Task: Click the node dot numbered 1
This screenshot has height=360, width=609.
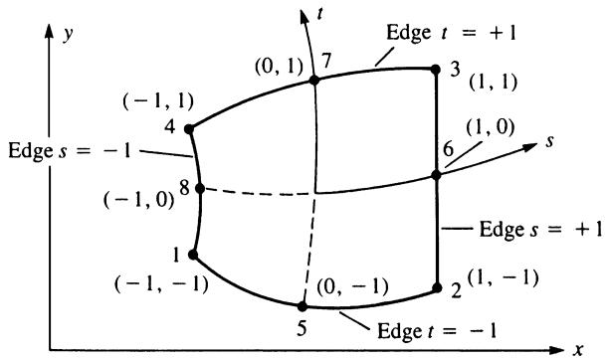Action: click(193, 255)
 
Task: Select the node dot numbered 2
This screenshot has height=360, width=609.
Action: click(437, 287)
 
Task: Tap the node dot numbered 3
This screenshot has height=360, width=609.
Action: click(436, 70)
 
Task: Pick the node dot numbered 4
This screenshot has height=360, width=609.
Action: click(189, 129)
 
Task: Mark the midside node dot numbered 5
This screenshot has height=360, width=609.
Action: click(303, 307)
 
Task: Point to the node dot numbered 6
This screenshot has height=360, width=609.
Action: click(436, 175)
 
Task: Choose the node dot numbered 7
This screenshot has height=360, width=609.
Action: click(313, 81)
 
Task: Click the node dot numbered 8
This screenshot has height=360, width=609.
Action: click(200, 189)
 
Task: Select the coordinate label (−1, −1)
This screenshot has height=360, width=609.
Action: click(161, 285)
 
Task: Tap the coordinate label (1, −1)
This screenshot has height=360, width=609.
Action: click(503, 277)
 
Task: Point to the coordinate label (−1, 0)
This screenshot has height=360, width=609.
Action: click(138, 200)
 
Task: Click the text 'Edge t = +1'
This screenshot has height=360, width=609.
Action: click(452, 33)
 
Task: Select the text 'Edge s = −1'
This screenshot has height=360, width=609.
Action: click(70, 150)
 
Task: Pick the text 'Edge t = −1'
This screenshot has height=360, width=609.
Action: click(437, 331)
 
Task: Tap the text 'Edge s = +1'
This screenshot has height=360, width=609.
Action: click(541, 229)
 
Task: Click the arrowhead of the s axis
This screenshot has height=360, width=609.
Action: click(529, 147)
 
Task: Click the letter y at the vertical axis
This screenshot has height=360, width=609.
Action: click(69, 34)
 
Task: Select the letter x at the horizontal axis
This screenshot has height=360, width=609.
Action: click(579, 350)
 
